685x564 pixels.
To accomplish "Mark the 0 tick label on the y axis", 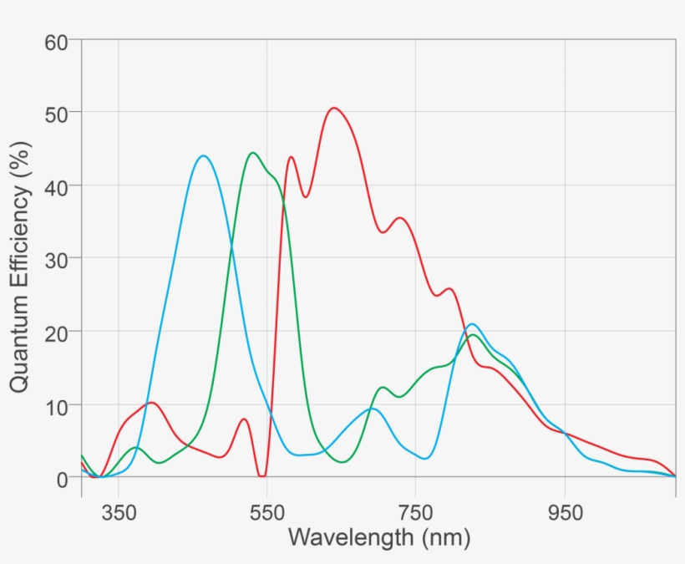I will tap(63, 479).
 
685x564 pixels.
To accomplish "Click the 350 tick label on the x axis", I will tap(119, 512).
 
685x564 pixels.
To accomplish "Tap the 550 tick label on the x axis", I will tap(267, 512).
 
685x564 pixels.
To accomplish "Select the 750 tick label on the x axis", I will tap(415, 512).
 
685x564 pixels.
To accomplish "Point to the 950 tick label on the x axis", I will tap(565, 512).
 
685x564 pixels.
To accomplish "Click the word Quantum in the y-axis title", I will tap(21, 338).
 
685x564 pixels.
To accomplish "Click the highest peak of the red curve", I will tap(334, 108).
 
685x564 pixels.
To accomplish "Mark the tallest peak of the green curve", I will tap(252, 153).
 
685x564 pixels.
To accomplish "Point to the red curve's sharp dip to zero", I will tap(261, 475).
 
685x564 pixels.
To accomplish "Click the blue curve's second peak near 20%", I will tap(473, 324).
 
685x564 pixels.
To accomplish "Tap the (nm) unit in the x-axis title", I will tap(444, 536).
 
